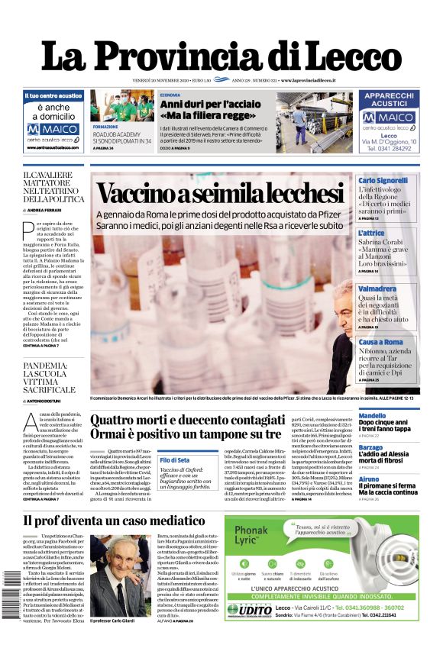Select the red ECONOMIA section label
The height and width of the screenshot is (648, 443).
[x=170, y=94]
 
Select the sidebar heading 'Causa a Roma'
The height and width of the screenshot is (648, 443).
[x=380, y=342]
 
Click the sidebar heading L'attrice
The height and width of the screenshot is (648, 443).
[x=372, y=233]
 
